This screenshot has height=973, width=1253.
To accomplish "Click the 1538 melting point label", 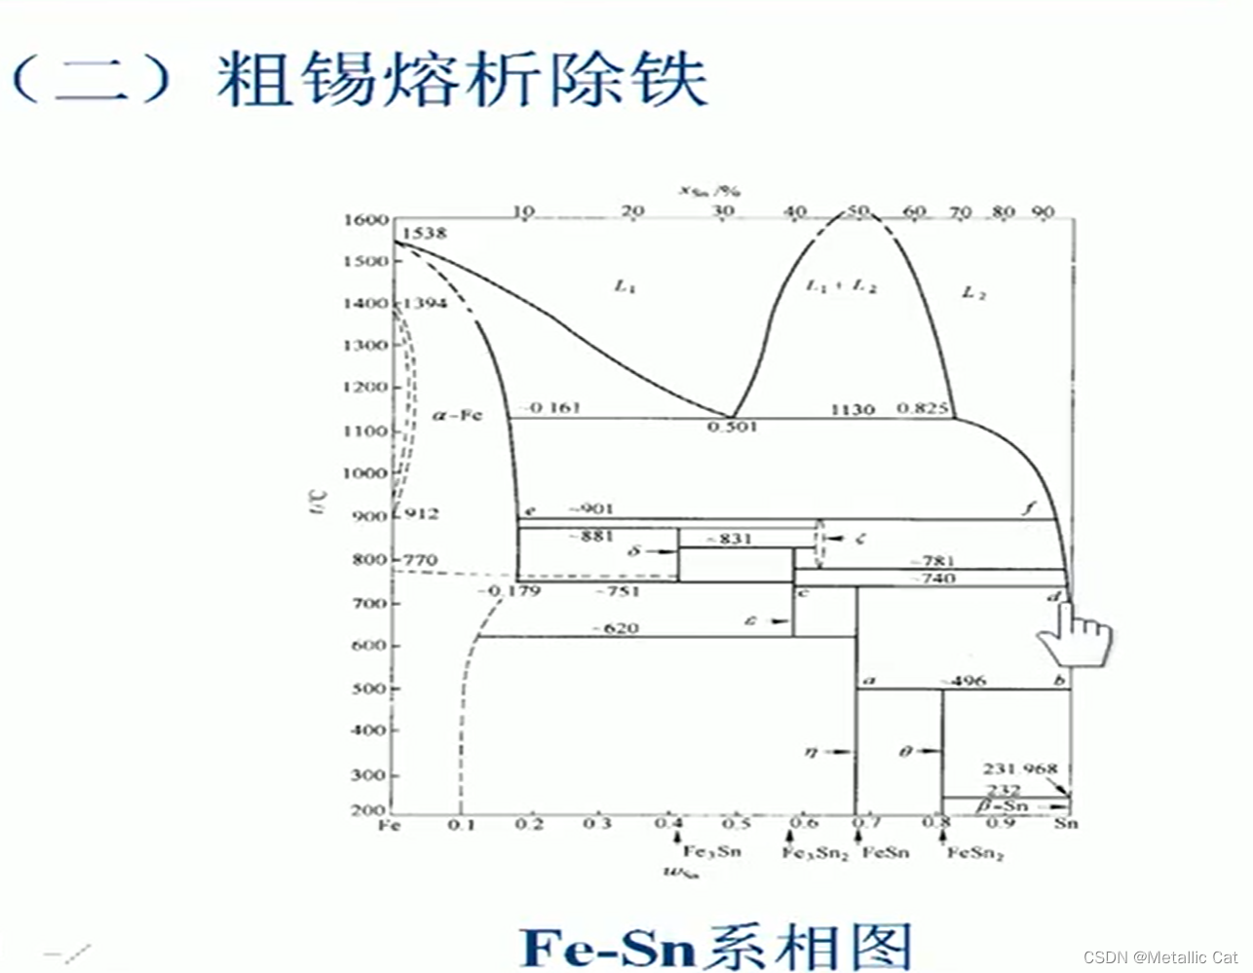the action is pos(424,234).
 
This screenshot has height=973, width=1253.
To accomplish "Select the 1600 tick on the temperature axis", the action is pos(365,220).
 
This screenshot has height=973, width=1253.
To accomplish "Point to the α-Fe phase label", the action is pos(457,415).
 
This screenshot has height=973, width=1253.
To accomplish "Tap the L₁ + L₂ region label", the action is pos(842,286).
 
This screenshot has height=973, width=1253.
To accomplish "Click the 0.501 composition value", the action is pos(732,428).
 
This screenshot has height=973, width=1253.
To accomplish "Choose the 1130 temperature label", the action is pos(852,409).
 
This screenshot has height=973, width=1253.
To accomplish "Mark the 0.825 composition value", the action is pos(922,408).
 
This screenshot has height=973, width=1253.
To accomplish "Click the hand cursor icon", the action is pos(1075,635).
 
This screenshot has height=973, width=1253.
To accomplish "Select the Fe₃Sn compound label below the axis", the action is pos(711,851).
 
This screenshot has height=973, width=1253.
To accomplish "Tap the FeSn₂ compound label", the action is pos(975,853).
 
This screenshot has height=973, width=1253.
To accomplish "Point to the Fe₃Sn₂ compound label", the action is pos(816,853).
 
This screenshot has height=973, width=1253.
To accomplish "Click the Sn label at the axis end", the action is pos(1066,824).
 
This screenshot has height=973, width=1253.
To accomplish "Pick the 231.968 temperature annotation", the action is pos(1019,768).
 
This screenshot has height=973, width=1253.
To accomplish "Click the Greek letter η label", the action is pos(811,751).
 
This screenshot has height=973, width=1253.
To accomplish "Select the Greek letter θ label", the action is pos(904,751).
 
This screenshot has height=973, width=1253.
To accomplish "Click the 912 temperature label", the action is pos(421,514).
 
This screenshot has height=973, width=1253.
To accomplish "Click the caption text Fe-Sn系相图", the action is pos(717,947).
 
